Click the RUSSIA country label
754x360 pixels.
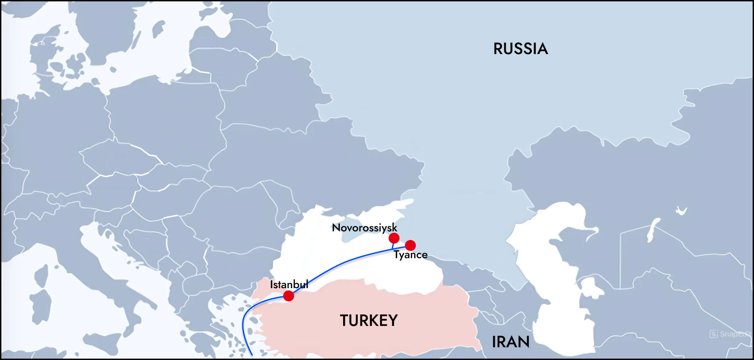pos(520,49)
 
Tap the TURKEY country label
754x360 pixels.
pos(369,320)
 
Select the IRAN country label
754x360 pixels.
pos(510,342)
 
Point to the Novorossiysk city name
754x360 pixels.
pos(365,227)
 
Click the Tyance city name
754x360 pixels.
pos(410,255)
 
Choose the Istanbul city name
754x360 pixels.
pos(289,285)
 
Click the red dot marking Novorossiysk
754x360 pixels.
pos(394,238)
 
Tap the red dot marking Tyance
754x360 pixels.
pos(410,245)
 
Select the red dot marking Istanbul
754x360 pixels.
pos(289,296)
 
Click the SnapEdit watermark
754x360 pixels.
pos(730,334)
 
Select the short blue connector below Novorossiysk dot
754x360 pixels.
pos(393,246)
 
